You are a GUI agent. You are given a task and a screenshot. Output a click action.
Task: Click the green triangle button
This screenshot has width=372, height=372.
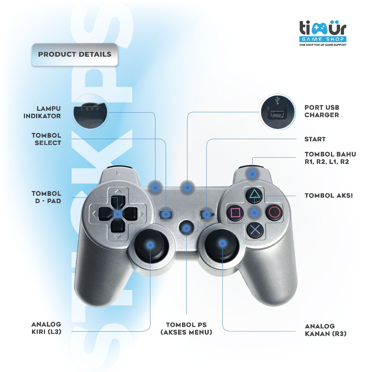[x=255, y=196]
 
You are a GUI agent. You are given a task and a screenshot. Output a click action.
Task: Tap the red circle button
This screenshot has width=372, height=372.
[x=274, y=212]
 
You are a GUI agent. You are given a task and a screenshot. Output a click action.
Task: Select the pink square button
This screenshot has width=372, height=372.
[x=235, y=212]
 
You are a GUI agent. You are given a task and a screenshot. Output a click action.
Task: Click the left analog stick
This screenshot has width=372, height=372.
[x=150, y=245]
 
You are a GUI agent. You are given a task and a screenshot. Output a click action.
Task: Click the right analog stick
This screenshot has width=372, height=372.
[x=222, y=243]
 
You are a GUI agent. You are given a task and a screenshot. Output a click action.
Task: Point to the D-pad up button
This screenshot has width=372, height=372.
[x=117, y=200]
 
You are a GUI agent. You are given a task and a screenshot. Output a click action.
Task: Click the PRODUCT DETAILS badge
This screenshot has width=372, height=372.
[x=75, y=55]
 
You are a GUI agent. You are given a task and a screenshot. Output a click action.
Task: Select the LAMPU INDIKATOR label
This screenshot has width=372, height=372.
[x=42, y=112]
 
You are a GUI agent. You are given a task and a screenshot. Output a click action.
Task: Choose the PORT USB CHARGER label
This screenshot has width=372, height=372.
[x=322, y=111]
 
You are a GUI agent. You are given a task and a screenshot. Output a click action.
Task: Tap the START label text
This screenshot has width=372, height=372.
[x=315, y=139]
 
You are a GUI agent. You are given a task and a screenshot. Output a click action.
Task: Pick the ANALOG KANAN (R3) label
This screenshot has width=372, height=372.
[x=325, y=330]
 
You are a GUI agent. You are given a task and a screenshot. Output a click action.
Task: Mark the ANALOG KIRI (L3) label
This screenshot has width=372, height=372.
[x=46, y=328]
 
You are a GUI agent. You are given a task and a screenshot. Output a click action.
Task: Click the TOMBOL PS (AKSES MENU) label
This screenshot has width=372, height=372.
[x=186, y=328]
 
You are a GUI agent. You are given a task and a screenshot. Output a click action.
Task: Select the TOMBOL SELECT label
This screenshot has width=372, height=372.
[x=46, y=139]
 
